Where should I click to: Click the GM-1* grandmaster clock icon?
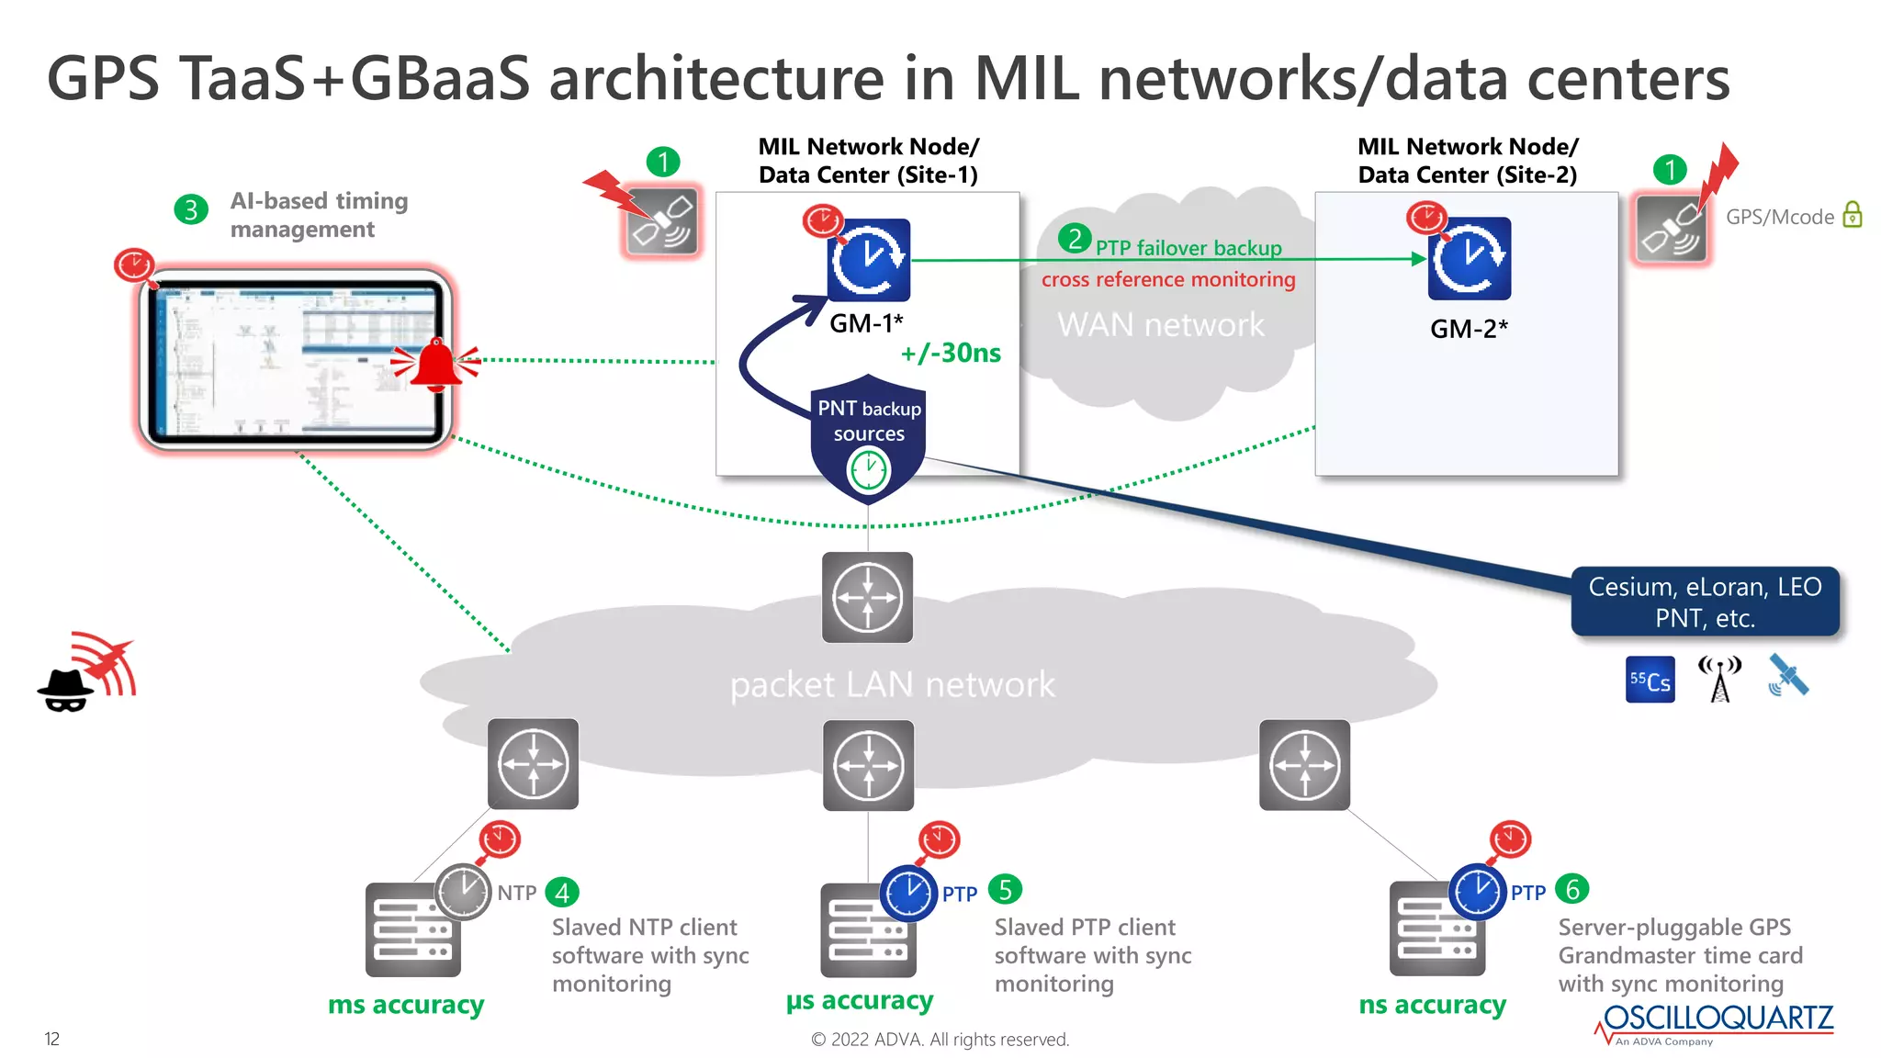[x=868, y=260]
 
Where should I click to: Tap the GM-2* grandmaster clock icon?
[x=1469, y=259]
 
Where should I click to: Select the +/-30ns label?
[x=951, y=353]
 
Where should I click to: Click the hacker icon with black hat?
[x=66, y=690]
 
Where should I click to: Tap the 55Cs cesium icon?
[x=1650, y=681]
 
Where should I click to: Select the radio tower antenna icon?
[x=1719, y=680]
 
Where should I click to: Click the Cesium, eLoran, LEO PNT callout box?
[x=1705, y=602]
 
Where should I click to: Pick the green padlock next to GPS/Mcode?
[x=1853, y=215]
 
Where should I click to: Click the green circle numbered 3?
[x=191, y=209]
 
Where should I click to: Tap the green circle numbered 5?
[x=1005, y=889]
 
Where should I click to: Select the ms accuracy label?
[x=406, y=1005]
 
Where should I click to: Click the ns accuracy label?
[x=1432, y=1005]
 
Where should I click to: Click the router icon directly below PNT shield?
[x=867, y=598]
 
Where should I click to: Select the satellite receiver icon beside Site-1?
[x=662, y=221]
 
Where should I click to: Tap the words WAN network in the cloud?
[x=1160, y=325]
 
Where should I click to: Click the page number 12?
[x=52, y=1039]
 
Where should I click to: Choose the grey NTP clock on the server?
[x=463, y=891]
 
